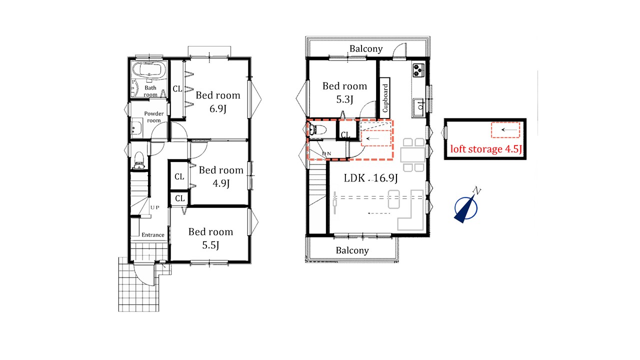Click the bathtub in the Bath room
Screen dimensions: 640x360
149,70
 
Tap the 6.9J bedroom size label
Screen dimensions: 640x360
218,109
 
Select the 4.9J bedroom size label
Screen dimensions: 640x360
221,183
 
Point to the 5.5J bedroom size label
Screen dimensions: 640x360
211,245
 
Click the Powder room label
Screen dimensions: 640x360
153,117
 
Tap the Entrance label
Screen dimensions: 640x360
153,235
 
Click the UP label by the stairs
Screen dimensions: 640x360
155,207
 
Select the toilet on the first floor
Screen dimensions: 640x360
139,160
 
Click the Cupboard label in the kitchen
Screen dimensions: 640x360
385,98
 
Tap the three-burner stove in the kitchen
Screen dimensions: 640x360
418,70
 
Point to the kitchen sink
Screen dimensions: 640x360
418,107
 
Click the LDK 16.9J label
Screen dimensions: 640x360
370,178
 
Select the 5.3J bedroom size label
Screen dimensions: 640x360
344,99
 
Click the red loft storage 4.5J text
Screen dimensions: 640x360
486,149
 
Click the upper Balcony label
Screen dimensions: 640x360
366,49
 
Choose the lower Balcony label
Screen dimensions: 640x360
352,250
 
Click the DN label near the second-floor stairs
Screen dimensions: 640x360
326,153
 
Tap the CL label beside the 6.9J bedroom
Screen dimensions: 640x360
177,89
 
